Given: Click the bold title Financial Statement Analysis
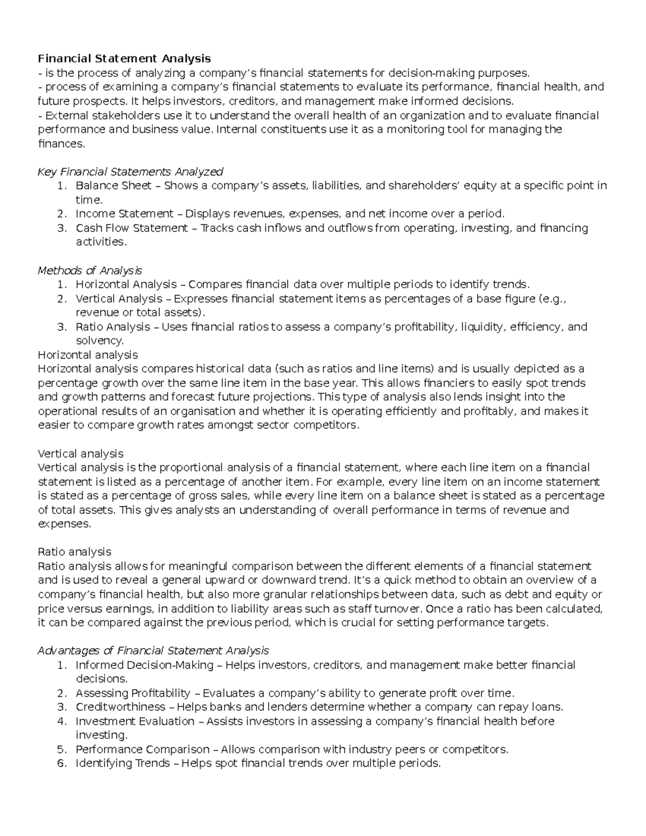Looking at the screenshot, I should pyautogui.click(x=124, y=58).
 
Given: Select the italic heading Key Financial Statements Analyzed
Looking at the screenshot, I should pyautogui.click(x=130, y=172).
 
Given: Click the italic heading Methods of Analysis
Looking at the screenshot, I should pyautogui.click(x=89, y=270).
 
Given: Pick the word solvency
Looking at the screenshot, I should pyautogui.click(x=100, y=341).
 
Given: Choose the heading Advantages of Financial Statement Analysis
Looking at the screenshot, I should pyautogui.click(x=153, y=651).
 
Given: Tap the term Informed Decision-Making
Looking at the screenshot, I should pyautogui.click(x=144, y=665).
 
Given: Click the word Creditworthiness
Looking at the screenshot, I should pyautogui.click(x=120, y=707).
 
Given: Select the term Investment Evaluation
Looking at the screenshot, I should pyautogui.click(x=135, y=721).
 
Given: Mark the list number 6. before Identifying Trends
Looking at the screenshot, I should pyautogui.click(x=61, y=763).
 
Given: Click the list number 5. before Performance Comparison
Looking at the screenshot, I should pyautogui.click(x=61, y=749).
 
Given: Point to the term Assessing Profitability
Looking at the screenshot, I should pyautogui.click(x=133, y=693).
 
